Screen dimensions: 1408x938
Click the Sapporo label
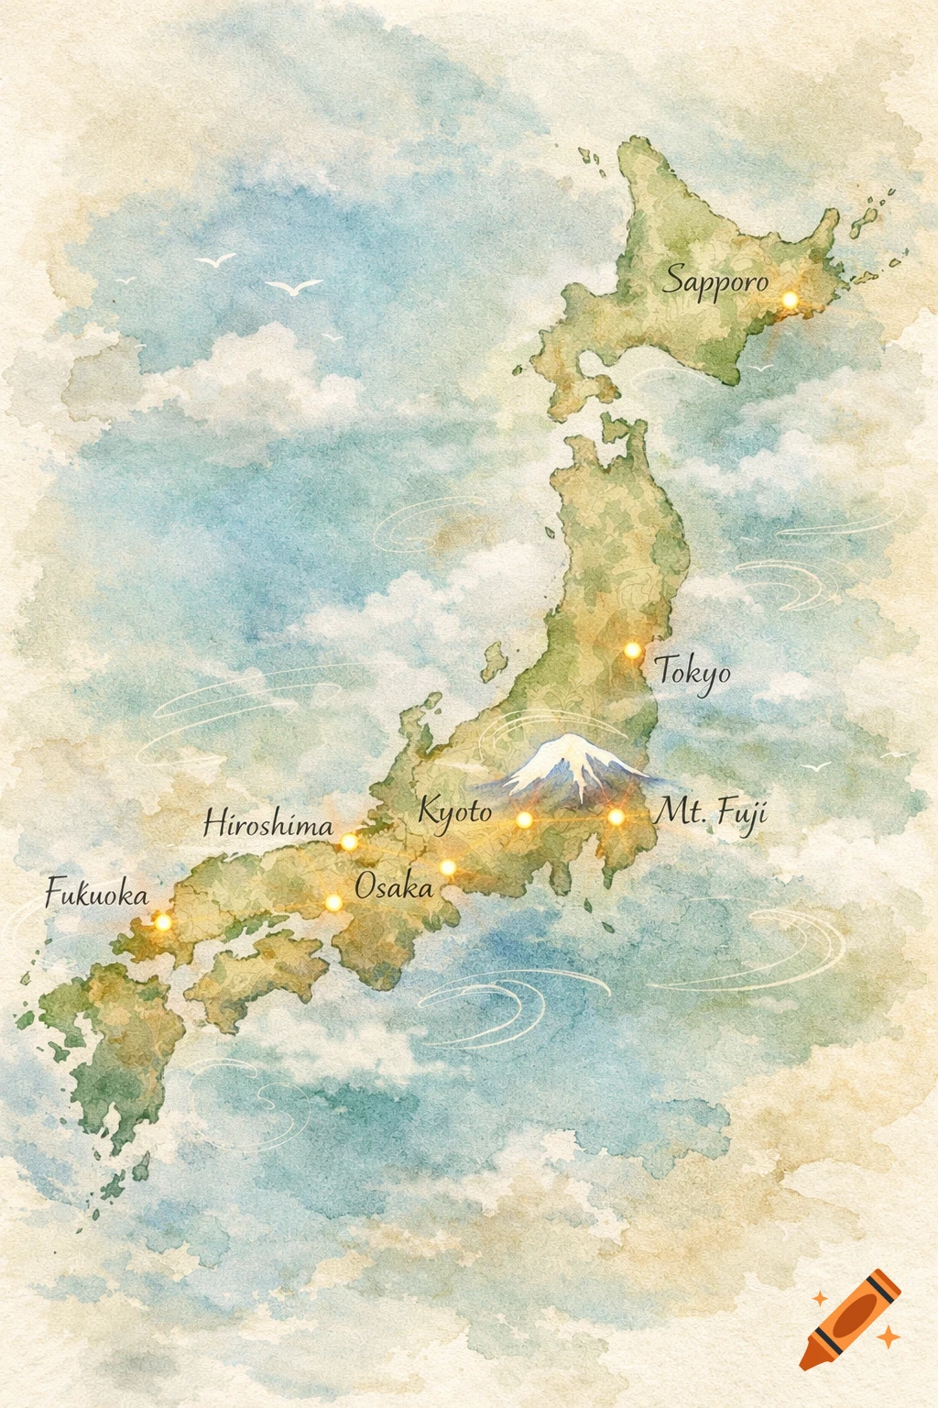(716, 280)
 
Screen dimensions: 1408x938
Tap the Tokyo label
(693, 673)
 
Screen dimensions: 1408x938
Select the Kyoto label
(454, 811)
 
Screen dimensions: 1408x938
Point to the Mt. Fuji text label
(712, 813)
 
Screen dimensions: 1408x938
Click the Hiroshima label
(267, 824)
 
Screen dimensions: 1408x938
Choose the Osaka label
(393, 886)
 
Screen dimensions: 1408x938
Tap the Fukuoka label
(96, 893)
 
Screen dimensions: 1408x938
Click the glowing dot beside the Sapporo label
(790, 300)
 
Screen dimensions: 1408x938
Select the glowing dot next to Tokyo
(632, 650)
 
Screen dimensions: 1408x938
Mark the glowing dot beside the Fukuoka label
(162, 921)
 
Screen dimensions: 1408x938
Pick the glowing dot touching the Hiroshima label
(349, 841)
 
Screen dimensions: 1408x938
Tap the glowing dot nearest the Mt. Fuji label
(616, 817)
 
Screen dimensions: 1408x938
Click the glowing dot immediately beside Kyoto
(524, 819)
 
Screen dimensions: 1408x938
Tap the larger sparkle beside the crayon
(888, 1337)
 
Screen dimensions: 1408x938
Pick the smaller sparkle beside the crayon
(819, 1298)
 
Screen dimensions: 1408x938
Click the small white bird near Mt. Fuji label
(814, 765)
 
